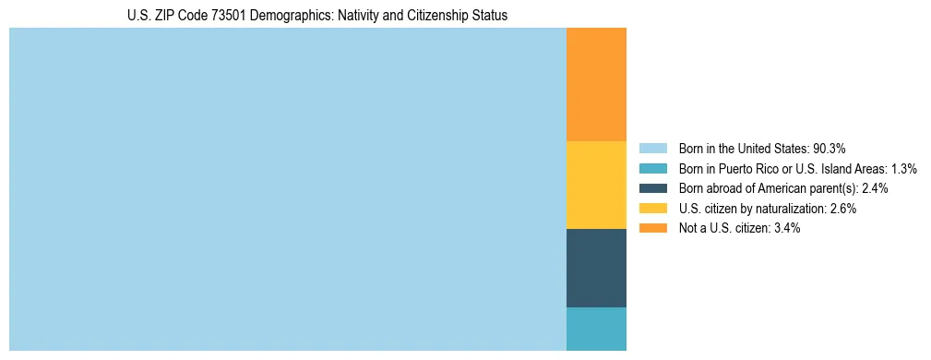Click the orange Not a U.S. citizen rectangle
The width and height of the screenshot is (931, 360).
[596, 84]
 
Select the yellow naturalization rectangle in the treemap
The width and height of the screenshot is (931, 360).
[596, 185]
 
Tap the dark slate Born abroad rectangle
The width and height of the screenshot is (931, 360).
[596, 268]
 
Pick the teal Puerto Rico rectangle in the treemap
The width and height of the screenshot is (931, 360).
[596, 329]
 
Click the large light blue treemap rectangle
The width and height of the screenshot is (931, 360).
[287, 189]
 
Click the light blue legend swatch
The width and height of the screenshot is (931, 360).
[653, 149]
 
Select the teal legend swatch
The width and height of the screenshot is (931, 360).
[653, 169]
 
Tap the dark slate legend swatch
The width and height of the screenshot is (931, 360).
[653, 188]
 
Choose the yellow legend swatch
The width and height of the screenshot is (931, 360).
[653, 209]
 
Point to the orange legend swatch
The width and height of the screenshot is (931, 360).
[653, 228]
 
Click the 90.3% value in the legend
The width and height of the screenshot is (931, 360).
[830, 149]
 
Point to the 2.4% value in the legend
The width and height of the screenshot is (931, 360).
[875, 188]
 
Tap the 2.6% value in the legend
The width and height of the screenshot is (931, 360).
[843, 209]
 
